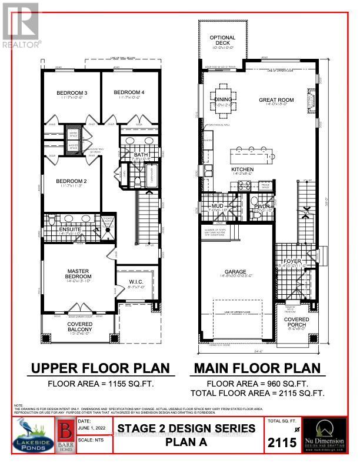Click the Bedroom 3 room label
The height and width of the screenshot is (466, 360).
[x=72, y=93]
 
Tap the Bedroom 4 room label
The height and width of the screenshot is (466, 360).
[x=129, y=92]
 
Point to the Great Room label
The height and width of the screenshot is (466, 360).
[x=276, y=100]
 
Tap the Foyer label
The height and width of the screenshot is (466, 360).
[x=292, y=261]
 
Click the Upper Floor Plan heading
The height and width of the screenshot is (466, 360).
[x=100, y=368]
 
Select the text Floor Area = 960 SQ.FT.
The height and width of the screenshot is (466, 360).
[x=257, y=384]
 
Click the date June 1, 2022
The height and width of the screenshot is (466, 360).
[x=92, y=430]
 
